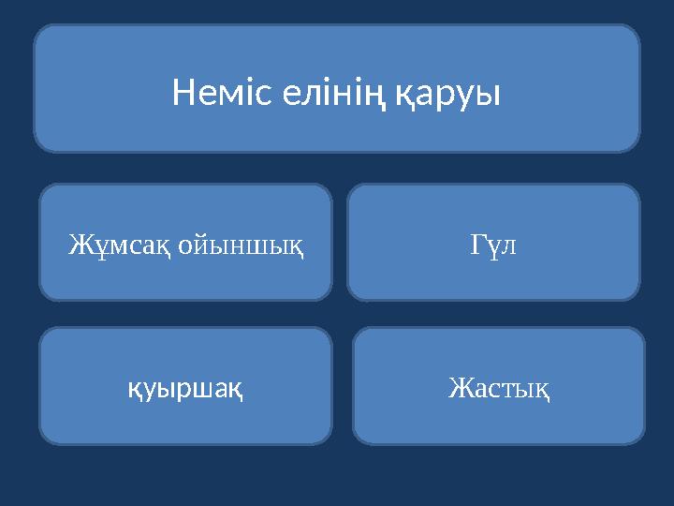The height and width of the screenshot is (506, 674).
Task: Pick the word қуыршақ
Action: tap(185, 387)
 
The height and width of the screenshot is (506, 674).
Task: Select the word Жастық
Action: tap(498, 387)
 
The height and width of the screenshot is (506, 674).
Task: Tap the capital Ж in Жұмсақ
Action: tap(77, 246)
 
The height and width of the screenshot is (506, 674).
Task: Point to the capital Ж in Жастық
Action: tap(459, 387)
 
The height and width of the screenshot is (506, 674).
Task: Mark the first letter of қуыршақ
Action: tap(134, 387)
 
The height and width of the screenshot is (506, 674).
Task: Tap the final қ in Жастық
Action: tap(542, 387)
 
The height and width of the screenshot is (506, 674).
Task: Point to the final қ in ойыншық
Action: tap(297, 246)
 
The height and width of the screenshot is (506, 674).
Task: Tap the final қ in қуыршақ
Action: tap(238, 387)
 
